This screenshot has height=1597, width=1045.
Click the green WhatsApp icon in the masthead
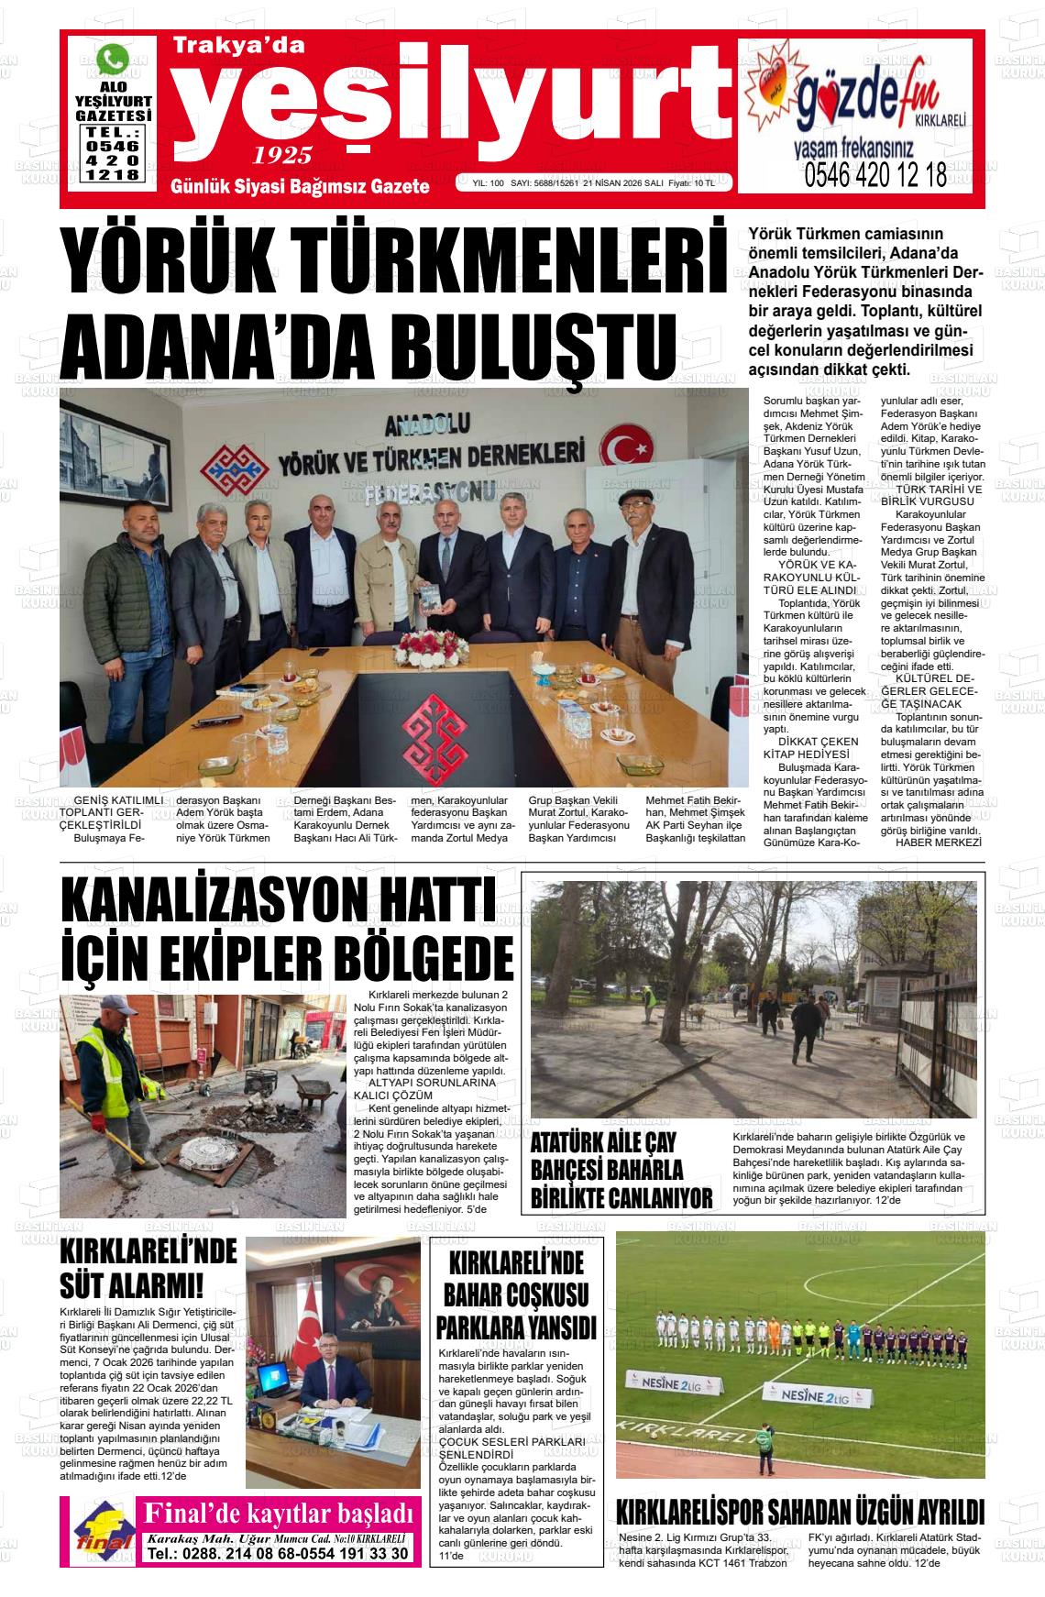(x=113, y=60)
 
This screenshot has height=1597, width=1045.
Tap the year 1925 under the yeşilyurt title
(x=282, y=154)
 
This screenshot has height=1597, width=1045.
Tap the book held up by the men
(x=429, y=597)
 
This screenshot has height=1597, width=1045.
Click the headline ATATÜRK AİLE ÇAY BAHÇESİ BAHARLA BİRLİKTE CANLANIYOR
(x=621, y=1172)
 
